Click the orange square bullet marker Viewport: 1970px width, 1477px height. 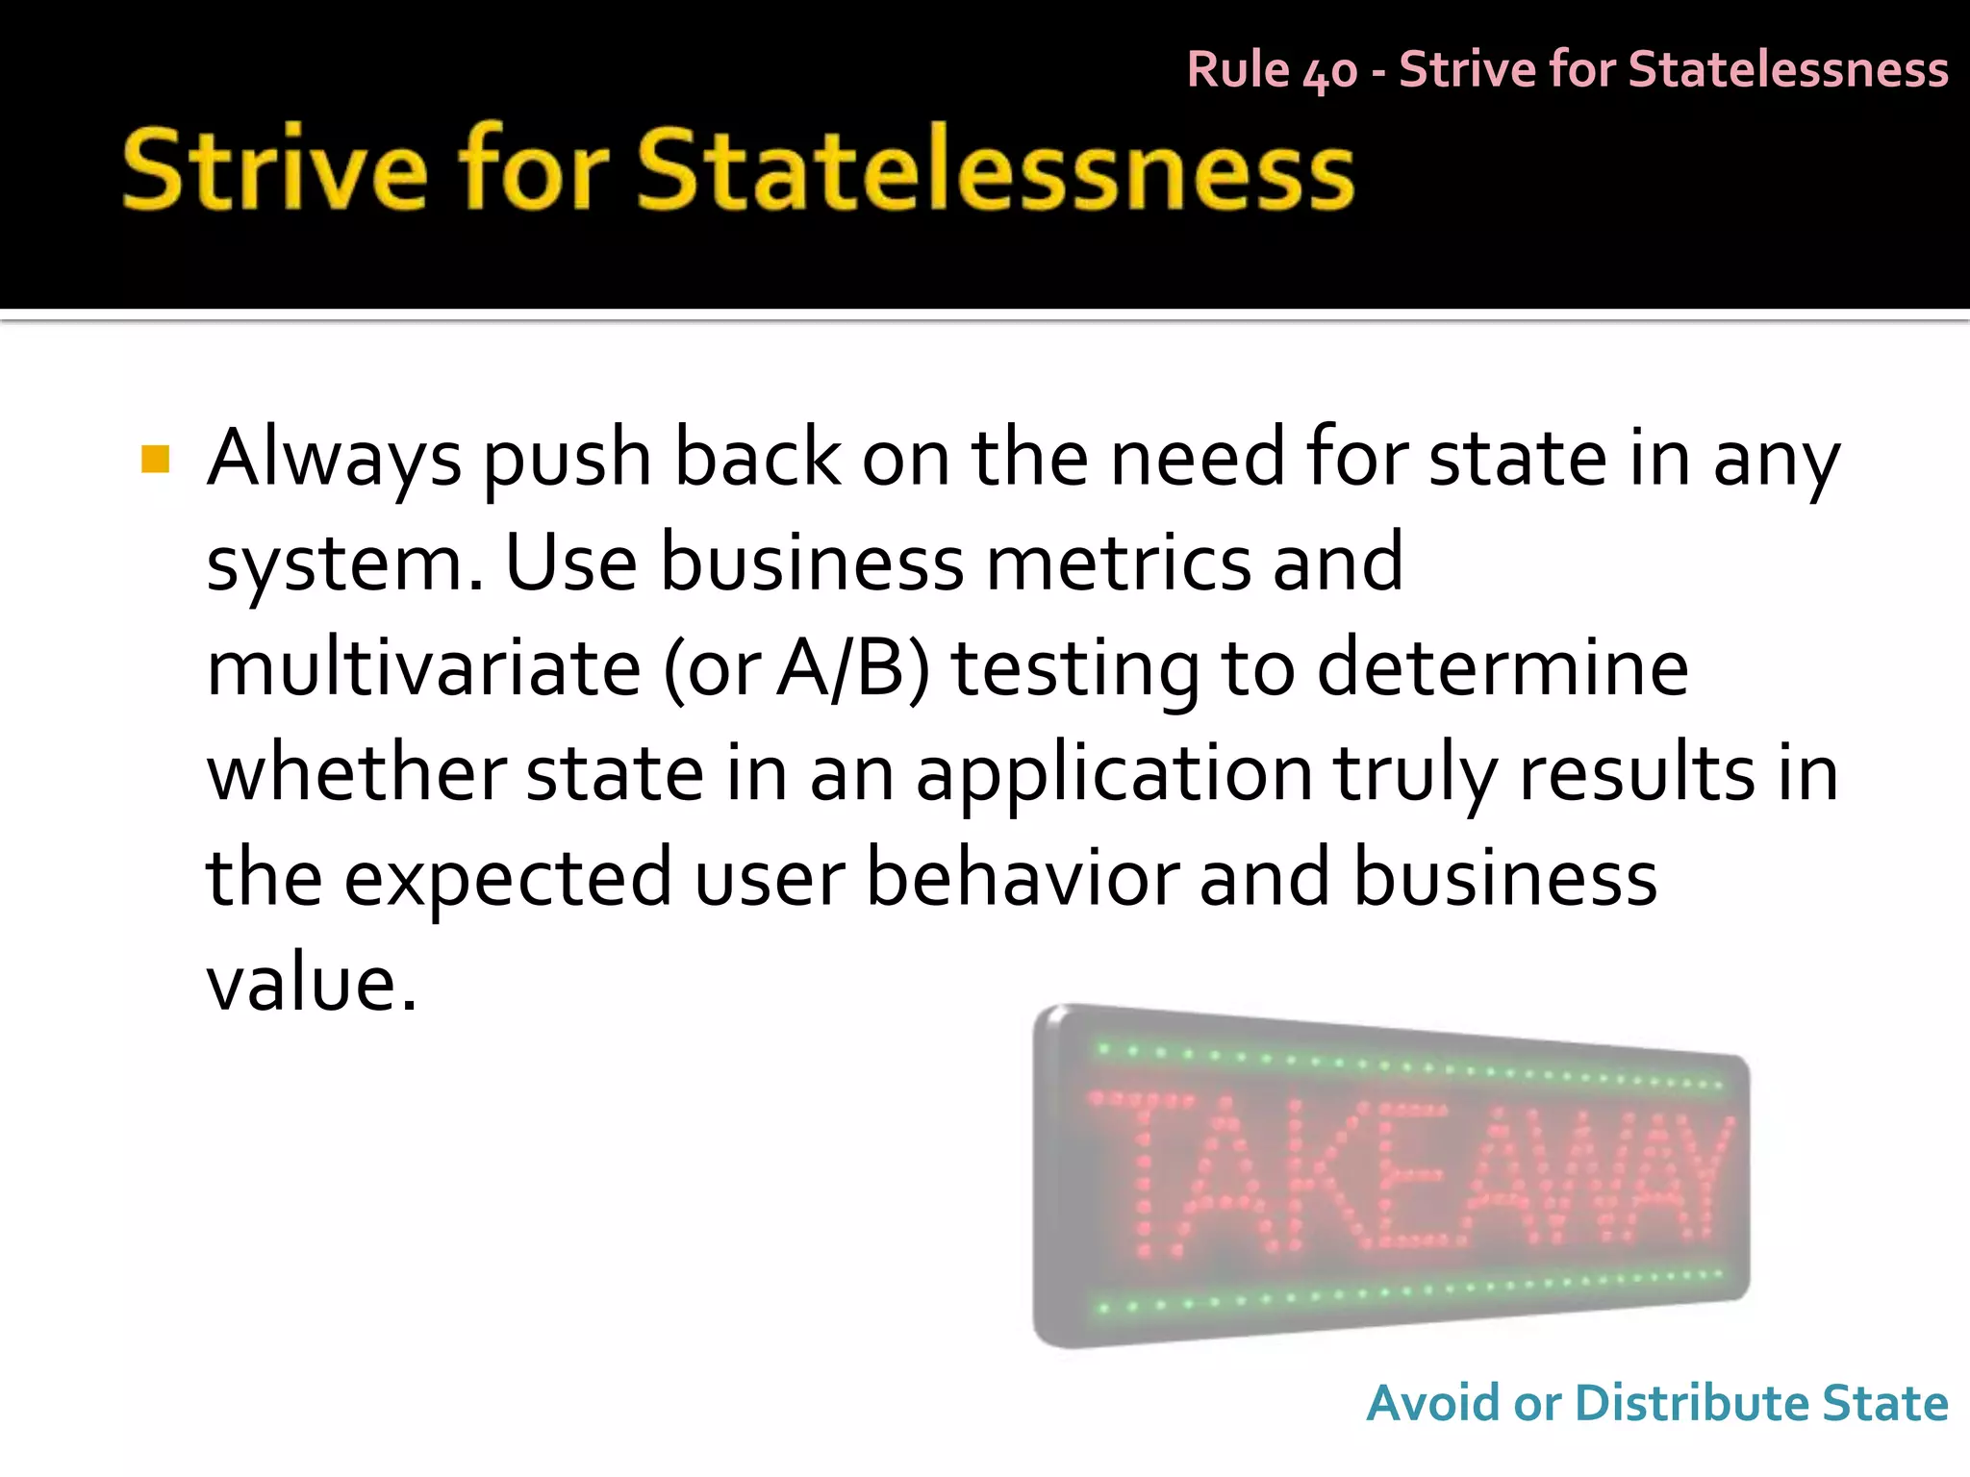(x=155, y=459)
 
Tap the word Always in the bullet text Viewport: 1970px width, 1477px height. (x=334, y=459)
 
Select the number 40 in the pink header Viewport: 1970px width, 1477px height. (x=1329, y=71)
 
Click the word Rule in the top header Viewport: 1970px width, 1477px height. (x=1238, y=69)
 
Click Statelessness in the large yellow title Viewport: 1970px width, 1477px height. (x=995, y=169)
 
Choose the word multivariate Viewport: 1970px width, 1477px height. (x=423, y=668)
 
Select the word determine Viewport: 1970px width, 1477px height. (x=1502, y=668)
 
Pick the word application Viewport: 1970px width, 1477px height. (x=1114, y=775)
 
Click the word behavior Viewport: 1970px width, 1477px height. (x=1023, y=878)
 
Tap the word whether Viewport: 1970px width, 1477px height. (x=356, y=773)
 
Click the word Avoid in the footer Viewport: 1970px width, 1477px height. (x=1433, y=1403)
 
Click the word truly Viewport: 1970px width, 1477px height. (x=1415, y=775)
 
